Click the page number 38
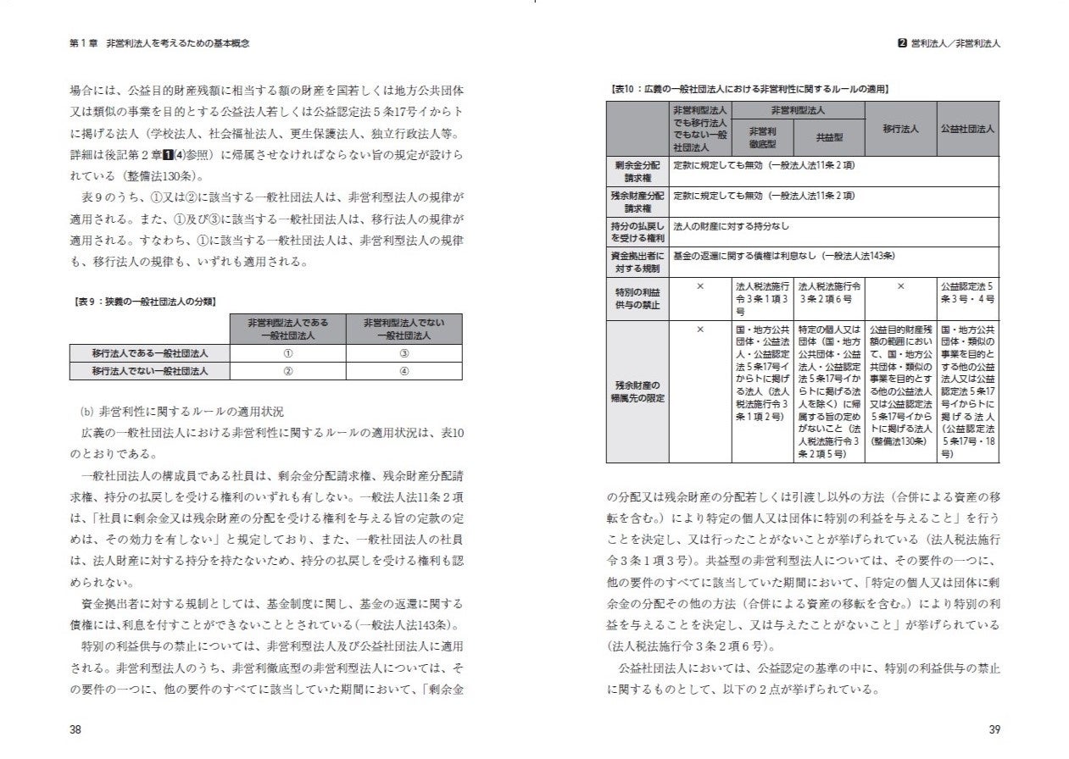75,729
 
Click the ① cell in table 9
287,353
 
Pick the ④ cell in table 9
404,370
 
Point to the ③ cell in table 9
404,353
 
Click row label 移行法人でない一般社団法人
150,370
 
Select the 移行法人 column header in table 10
900,128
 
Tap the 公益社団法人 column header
967,128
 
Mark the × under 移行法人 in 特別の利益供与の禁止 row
900,286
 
